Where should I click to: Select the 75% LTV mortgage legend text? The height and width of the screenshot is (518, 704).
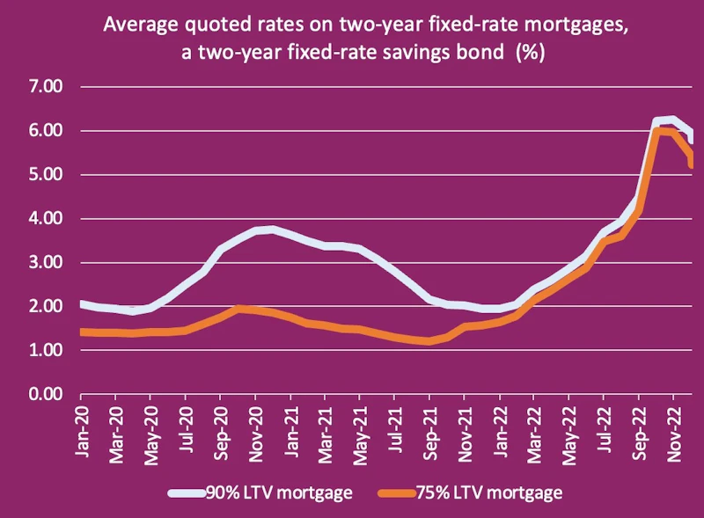click(x=495, y=493)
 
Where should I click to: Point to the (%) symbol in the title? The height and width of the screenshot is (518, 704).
click(x=531, y=52)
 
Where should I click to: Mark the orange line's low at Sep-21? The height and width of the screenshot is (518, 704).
click(x=429, y=341)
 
